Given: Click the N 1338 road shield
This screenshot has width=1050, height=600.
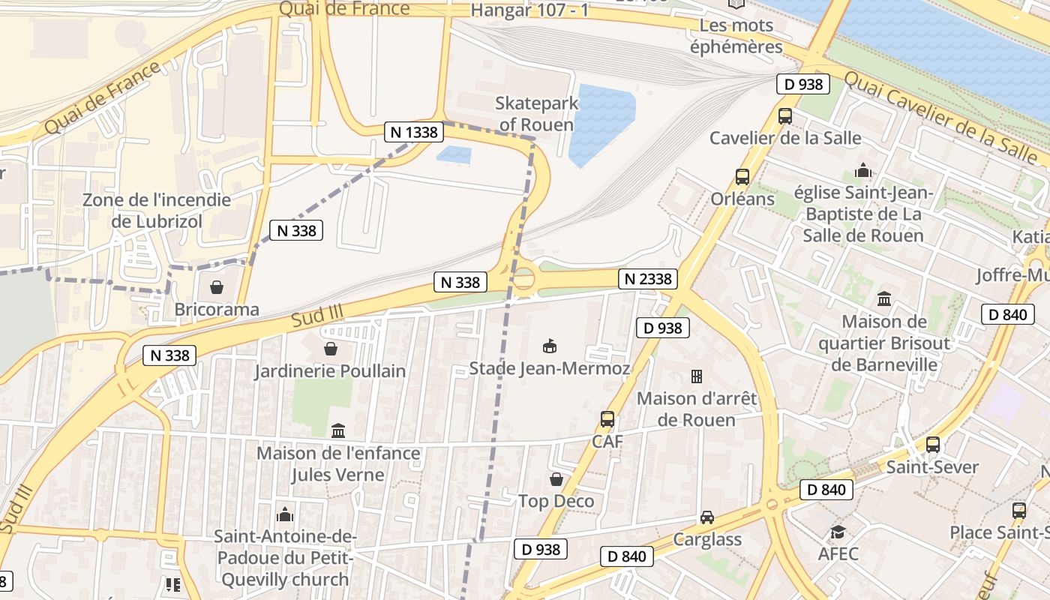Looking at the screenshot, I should pyautogui.click(x=413, y=132).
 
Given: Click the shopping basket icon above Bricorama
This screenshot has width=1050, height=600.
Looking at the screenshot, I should pyautogui.click(x=217, y=287).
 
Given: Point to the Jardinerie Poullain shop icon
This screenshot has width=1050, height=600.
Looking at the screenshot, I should pyautogui.click(x=330, y=349).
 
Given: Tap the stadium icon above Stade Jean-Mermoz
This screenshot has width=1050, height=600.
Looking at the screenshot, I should pyautogui.click(x=550, y=346).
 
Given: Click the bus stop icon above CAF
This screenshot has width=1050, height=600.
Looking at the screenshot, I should pyautogui.click(x=607, y=419).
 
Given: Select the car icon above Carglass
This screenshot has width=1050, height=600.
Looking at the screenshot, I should pyautogui.click(x=707, y=517).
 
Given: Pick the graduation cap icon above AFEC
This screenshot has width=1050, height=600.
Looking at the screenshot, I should pyautogui.click(x=838, y=532).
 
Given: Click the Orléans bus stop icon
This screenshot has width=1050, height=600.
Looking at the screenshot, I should pyautogui.click(x=742, y=177).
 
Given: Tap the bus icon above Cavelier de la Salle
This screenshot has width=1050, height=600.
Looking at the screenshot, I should pyautogui.click(x=785, y=116).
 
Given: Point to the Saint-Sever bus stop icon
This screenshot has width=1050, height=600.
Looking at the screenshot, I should pyautogui.click(x=933, y=445).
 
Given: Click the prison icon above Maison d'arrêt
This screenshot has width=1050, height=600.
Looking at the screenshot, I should pyautogui.click(x=697, y=376).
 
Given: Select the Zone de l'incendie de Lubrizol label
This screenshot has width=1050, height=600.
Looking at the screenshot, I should pyautogui.click(x=157, y=211).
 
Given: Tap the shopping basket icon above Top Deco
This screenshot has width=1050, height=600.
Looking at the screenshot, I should pyautogui.click(x=556, y=479).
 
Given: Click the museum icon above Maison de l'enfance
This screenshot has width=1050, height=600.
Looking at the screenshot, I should pyautogui.click(x=338, y=431).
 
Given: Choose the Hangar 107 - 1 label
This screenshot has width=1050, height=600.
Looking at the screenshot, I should pyautogui.click(x=529, y=10).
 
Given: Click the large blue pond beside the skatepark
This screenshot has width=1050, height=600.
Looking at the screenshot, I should pyautogui.click(x=601, y=123).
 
